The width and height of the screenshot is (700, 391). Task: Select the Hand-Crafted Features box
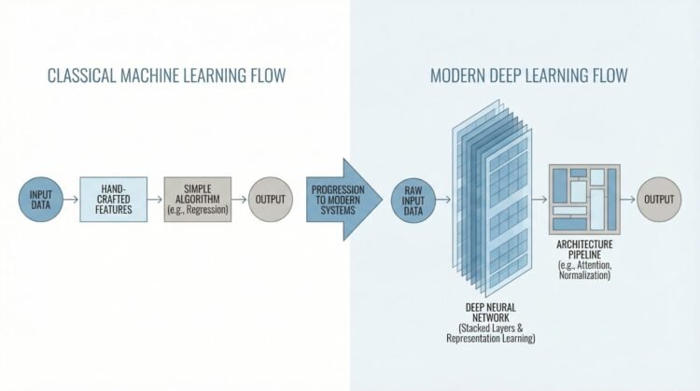click(x=113, y=199)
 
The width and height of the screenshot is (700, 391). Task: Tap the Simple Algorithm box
click(x=196, y=199)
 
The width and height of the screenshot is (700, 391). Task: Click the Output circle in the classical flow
click(x=271, y=199)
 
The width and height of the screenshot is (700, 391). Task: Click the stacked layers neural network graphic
click(x=492, y=201)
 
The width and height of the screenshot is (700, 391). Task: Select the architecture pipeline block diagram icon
click(x=583, y=199)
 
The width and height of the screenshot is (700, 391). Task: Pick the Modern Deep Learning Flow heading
click(x=528, y=76)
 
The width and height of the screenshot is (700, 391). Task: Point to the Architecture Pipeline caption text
click(x=585, y=247)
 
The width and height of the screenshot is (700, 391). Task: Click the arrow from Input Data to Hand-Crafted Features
click(x=71, y=199)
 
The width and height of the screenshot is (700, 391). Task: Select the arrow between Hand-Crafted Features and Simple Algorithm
click(x=154, y=199)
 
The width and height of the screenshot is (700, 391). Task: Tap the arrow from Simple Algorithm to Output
click(x=238, y=199)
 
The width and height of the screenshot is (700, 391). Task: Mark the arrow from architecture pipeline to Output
click(x=629, y=199)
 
